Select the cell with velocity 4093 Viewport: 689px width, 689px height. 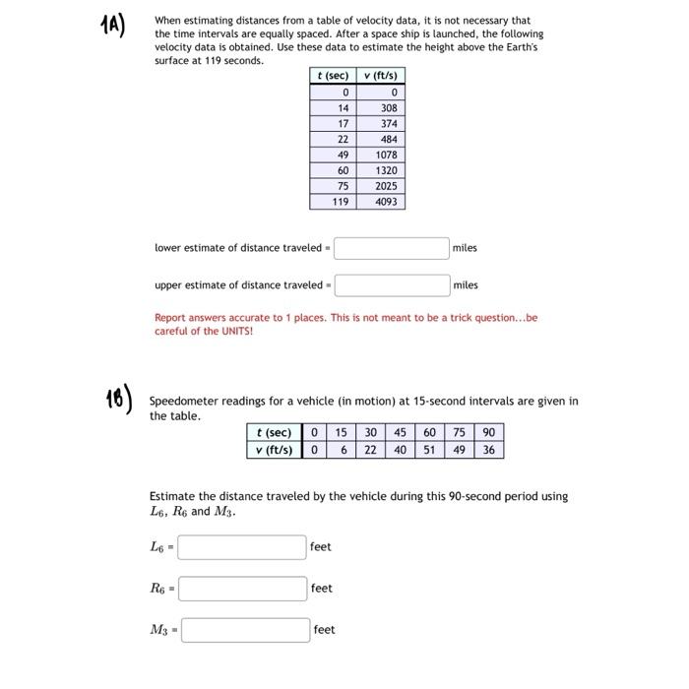click(x=386, y=201)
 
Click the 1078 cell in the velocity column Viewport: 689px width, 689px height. click(x=386, y=155)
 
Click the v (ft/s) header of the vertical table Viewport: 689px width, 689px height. click(x=383, y=76)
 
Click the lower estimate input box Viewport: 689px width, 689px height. click(x=391, y=248)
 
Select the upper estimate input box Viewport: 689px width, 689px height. click(x=391, y=285)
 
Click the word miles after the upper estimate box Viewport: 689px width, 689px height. click(x=466, y=285)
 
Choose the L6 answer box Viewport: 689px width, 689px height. click(x=242, y=547)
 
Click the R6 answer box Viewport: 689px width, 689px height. click(x=242, y=589)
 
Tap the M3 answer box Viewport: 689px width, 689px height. click(x=245, y=630)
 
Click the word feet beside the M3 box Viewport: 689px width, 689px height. click(x=324, y=630)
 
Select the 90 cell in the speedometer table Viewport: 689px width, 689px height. click(x=489, y=432)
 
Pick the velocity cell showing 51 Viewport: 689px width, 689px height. click(x=429, y=450)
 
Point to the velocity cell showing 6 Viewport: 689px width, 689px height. click(x=341, y=450)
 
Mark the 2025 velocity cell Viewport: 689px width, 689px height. click(x=386, y=186)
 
